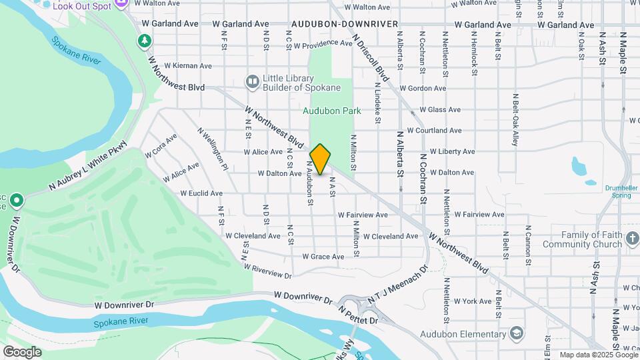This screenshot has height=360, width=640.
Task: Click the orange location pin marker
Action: [321, 159]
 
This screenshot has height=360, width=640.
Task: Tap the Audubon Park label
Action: [331, 111]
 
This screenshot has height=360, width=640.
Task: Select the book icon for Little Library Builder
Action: [252, 82]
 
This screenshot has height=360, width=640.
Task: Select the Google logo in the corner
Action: [22, 351]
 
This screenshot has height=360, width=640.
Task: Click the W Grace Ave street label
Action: [323, 257]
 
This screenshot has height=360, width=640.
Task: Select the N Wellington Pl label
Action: [213, 149]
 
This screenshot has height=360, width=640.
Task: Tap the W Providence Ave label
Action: [323, 45]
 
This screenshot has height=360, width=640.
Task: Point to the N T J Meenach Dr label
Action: [401, 287]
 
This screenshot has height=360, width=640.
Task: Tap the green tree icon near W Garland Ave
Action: [144, 41]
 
